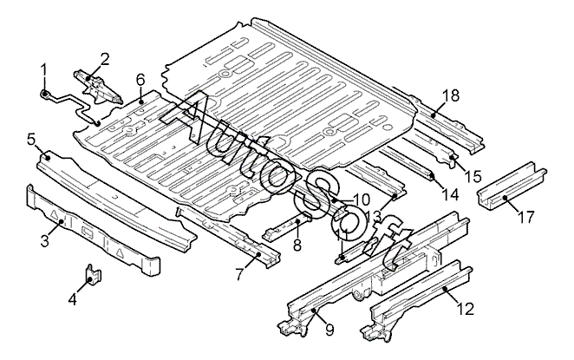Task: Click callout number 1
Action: click(45, 69)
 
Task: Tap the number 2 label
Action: click(105, 59)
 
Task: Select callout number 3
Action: click(43, 241)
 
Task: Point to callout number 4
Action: click(73, 299)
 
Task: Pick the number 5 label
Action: click(30, 139)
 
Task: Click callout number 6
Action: click(140, 80)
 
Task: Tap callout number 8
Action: click(297, 246)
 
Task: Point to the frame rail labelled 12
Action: click(416, 299)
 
